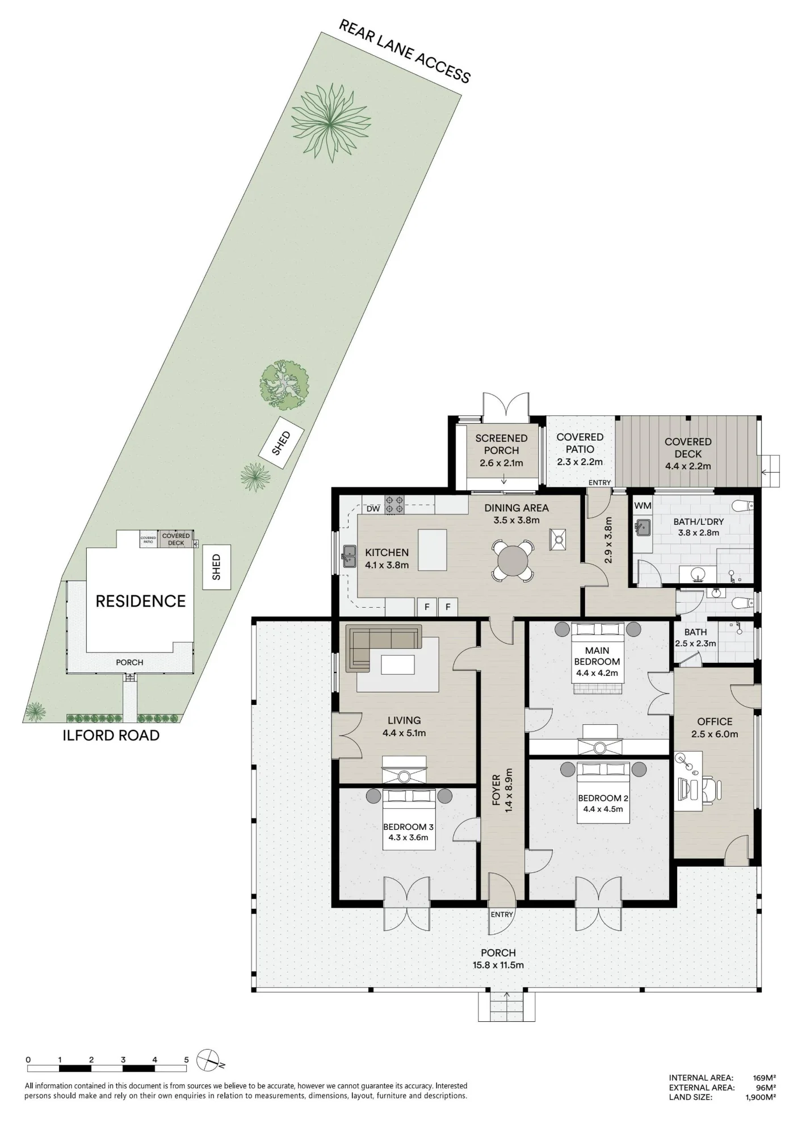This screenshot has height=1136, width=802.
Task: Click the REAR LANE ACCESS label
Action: tap(405, 51)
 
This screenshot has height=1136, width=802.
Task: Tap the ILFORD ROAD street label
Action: tap(111, 736)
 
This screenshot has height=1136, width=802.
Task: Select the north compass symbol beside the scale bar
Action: tap(209, 1060)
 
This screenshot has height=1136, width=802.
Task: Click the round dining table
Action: tap(513, 561)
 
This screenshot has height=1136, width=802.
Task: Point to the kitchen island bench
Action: tap(432, 549)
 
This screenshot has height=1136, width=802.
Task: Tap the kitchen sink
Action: tap(348, 557)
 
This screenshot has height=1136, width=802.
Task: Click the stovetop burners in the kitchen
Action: tap(394, 504)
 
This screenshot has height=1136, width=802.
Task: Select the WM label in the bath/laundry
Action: tap(643, 506)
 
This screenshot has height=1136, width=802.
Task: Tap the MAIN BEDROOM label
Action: tap(597, 656)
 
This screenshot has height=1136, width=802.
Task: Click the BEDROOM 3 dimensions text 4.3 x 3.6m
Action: tap(408, 837)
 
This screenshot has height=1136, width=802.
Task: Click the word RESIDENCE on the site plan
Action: tap(141, 602)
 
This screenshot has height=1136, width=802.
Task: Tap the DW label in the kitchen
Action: tap(373, 509)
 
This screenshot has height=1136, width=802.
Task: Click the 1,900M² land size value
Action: tap(761, 1097)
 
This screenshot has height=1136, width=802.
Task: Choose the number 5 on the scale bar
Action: tap(186, 1060)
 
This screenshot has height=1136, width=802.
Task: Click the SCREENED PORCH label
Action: tap(501, 444)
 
